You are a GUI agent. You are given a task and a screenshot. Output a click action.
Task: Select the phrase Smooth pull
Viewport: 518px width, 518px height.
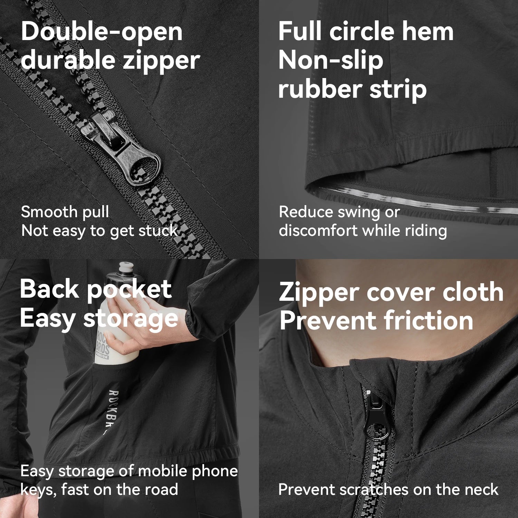click(65, 212)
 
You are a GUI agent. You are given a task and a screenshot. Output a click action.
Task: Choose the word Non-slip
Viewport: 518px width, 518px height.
click(331, 61)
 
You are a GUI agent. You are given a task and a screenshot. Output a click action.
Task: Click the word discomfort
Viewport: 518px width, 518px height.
click(318, 230)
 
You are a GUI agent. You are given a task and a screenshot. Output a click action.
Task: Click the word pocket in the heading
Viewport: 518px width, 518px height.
click(129, 290)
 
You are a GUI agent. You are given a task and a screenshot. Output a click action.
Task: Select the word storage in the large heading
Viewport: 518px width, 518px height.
click(131, 319)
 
